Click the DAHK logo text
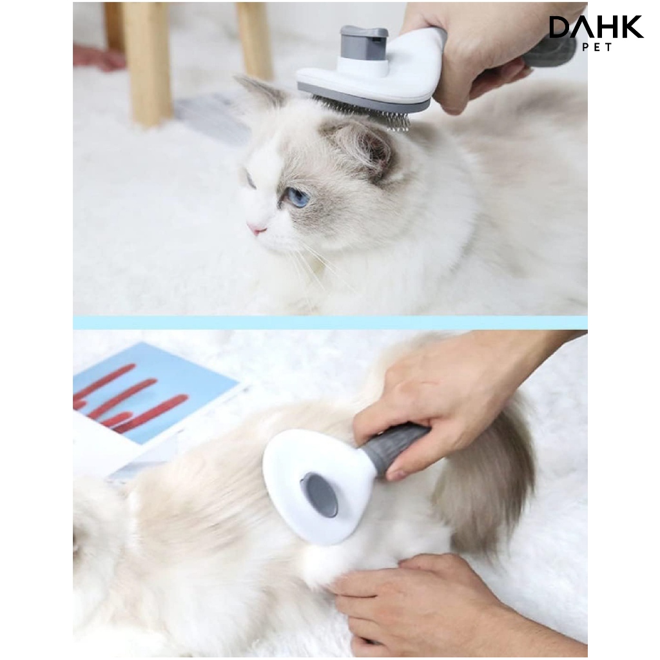click(596, 27)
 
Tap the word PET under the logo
click(596, 46)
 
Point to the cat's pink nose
click(257, 228)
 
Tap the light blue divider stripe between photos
click(330, 322)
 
